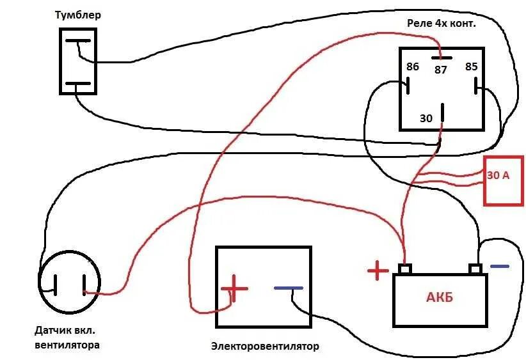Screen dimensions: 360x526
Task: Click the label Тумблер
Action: point(77,15)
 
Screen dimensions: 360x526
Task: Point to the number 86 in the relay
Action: point(412,67)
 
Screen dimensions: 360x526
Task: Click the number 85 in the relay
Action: point(471,67)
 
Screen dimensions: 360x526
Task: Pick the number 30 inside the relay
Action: point(426,118)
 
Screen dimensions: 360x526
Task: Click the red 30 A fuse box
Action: point(503,180)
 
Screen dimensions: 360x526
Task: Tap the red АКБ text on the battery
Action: point(440,298)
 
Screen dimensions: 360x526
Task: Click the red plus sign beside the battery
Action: point(378,272)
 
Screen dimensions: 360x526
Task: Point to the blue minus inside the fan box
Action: point(288,288)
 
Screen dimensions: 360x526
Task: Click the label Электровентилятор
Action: point(264,347)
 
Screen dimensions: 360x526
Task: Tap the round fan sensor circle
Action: point(69,283)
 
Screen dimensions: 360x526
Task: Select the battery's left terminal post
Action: point(404,269)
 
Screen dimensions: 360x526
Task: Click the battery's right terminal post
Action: point(475,269)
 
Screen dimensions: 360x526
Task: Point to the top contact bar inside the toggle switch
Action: point(79,42)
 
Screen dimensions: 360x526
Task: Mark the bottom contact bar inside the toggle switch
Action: point(78,84)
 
